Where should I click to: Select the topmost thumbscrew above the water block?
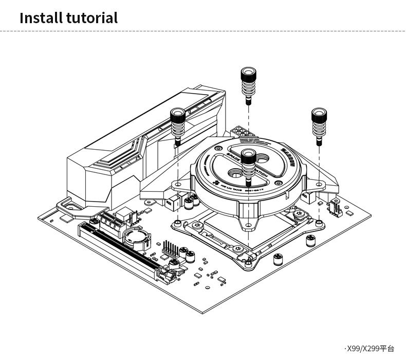[x=249, y=82]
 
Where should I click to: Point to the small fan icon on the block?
[x=216, y=182]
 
